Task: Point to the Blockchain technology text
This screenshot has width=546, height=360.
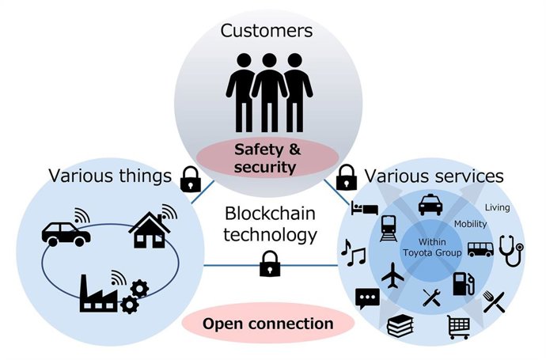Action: pyautogui.click(x=271, y=224)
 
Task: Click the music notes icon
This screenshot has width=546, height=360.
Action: pyautogui.click(x=353, y=252)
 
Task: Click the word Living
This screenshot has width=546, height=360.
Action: pyautogui.click(x=498, y=208)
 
